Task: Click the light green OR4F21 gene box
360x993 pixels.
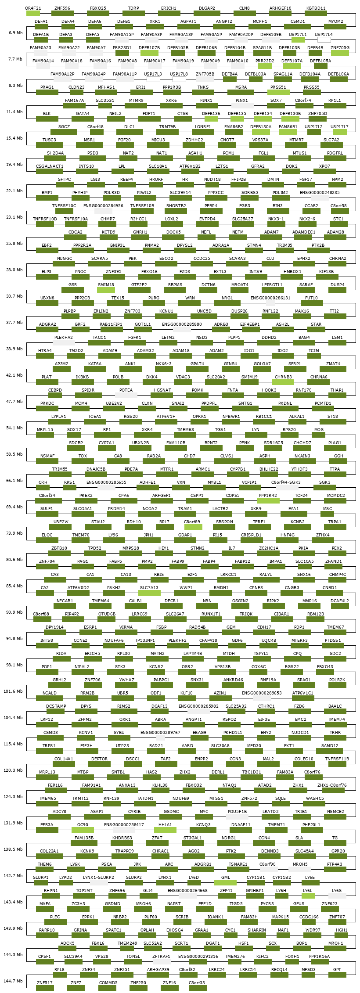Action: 33,14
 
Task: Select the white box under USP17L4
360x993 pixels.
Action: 324,40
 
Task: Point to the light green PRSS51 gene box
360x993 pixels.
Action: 278,93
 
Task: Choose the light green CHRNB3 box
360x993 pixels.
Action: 283,382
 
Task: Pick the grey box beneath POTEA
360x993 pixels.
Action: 126,396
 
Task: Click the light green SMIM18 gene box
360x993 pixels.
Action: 106,290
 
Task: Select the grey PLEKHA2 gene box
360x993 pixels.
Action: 64,343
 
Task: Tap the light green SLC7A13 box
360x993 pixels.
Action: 149,593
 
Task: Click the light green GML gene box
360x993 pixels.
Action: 226,883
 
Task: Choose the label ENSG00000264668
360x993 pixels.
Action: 187,890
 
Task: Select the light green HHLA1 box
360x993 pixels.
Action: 165,830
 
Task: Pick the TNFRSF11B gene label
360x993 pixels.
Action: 337,759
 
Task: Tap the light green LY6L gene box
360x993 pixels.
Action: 308,896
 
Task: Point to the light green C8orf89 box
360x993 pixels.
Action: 192,527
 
